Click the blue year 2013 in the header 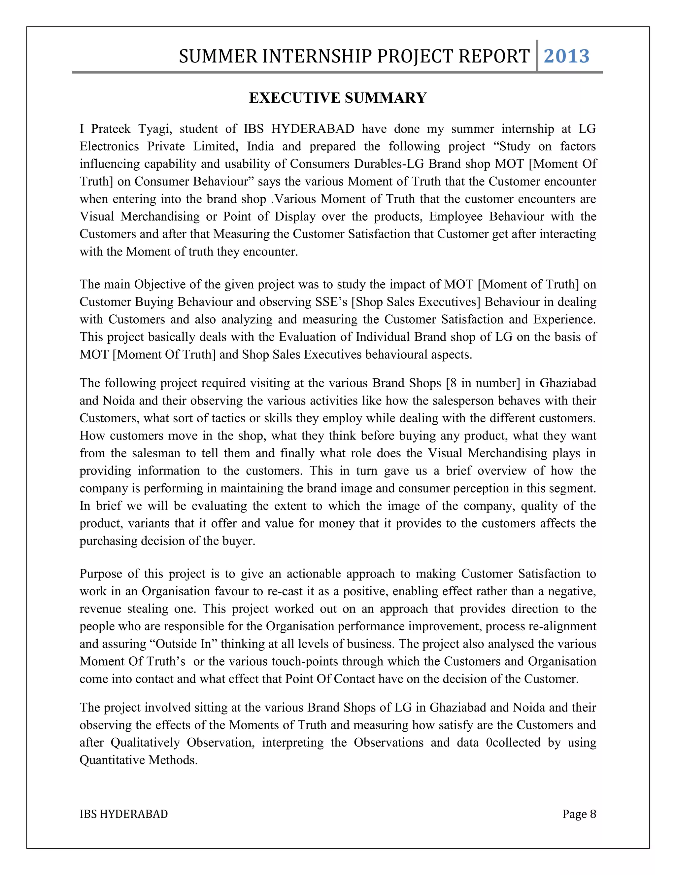point(566,56)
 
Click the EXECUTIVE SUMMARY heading point(338,98)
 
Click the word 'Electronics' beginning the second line point(109,147)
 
